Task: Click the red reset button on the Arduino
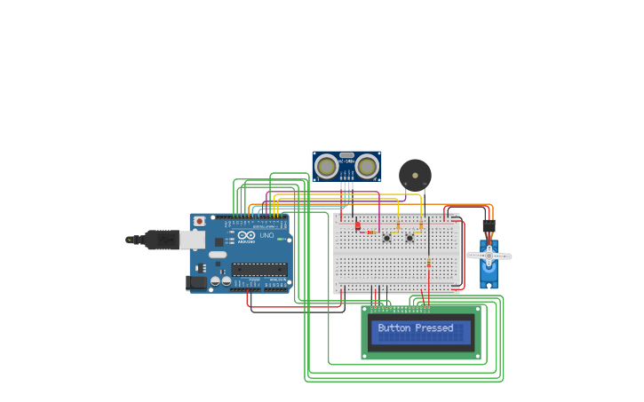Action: click(199, 220)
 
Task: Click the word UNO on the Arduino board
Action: click(266, 235)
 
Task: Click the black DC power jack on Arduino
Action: click(195, 283)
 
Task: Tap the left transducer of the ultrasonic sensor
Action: click(327, 165)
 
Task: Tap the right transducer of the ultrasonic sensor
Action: click(366, 165)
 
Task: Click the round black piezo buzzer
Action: click(413, 173)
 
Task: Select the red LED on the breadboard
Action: click(358, 226)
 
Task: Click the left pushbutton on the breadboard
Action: click(386, 238)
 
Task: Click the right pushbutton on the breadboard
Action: click(409, 238)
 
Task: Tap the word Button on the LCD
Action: click(394, 328)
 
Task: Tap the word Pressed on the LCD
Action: click(434, 328)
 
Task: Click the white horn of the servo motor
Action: click(489, 256)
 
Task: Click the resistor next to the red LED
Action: click(370, 232)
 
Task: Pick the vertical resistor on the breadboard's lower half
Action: click(429, 263)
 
